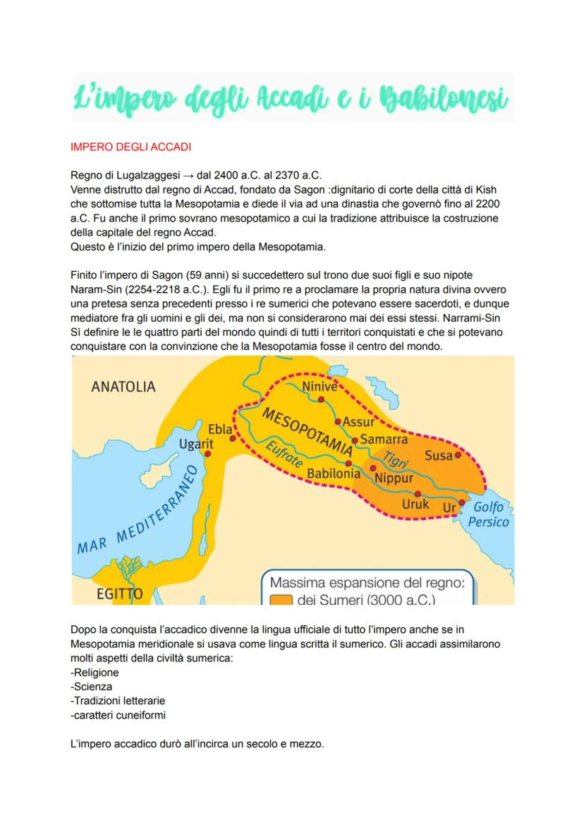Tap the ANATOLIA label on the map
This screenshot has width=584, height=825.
point(123,387)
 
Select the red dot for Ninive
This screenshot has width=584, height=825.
point(321,399)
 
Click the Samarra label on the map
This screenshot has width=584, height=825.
point(384,439)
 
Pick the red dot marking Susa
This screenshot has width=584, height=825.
point(458,455)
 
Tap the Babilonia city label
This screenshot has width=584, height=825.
point(334,474)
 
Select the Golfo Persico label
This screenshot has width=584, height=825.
point(488,514)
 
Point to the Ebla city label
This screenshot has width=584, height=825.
point(220,429)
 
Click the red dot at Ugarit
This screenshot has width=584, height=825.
point(207,454)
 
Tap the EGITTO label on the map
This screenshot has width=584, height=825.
point(120,594)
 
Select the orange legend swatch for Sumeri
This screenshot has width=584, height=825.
point(281,601)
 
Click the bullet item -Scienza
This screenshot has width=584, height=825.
point(92,686)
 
